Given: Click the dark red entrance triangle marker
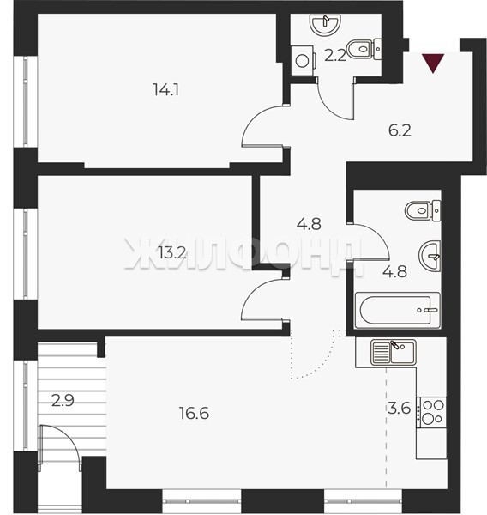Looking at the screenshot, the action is (433, 63).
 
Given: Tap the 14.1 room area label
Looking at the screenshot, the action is (166, 89).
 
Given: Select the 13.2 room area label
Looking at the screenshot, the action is (172, 253).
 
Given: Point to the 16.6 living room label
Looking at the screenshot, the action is (195, 413).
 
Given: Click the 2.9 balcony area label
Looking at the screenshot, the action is (63, 400).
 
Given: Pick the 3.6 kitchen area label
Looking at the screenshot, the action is (399, 409).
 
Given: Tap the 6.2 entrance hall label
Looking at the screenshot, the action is (400, 130).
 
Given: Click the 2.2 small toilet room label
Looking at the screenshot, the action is (335, 56).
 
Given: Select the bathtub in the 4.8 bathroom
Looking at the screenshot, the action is (398, 310).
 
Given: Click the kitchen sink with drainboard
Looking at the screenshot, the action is (394, 352).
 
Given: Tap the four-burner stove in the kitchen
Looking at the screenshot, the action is (431, 413).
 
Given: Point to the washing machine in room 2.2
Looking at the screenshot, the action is (304, 61).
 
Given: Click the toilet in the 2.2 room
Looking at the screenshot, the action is (364, 49).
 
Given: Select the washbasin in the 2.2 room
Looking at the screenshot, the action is (325, 24).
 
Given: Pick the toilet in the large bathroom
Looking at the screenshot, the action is (423, 210).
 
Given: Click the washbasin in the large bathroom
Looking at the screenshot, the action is (430, 256).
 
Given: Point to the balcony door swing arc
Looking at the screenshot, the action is (69, 434).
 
